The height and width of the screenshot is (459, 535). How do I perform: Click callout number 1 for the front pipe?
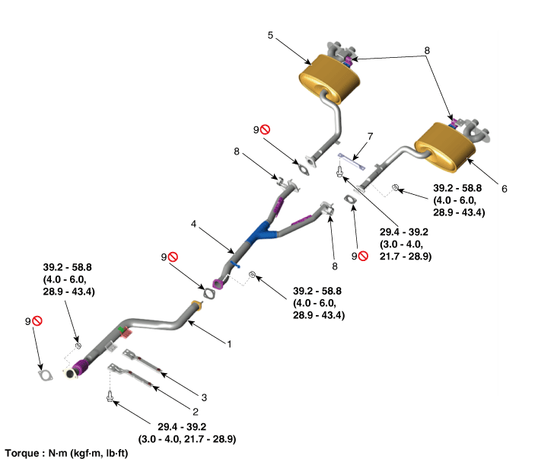click(x=228, y=343)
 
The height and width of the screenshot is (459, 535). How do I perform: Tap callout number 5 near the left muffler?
click(x=269, y=35)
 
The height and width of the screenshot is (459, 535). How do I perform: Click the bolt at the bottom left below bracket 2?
click(x=111, y=396)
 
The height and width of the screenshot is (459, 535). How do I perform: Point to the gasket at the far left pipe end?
click(x=46, y=375)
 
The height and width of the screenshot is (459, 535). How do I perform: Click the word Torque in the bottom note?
click(x=21, y=451)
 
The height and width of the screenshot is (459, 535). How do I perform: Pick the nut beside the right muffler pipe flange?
click(x=395, y=187)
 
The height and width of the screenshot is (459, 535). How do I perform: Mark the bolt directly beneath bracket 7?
click(x=340, y=173)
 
